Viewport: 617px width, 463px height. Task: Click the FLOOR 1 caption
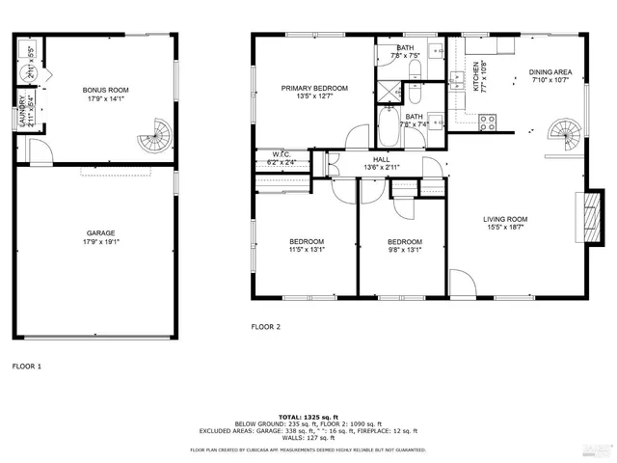27,366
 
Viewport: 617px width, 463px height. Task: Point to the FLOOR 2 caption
265,326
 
